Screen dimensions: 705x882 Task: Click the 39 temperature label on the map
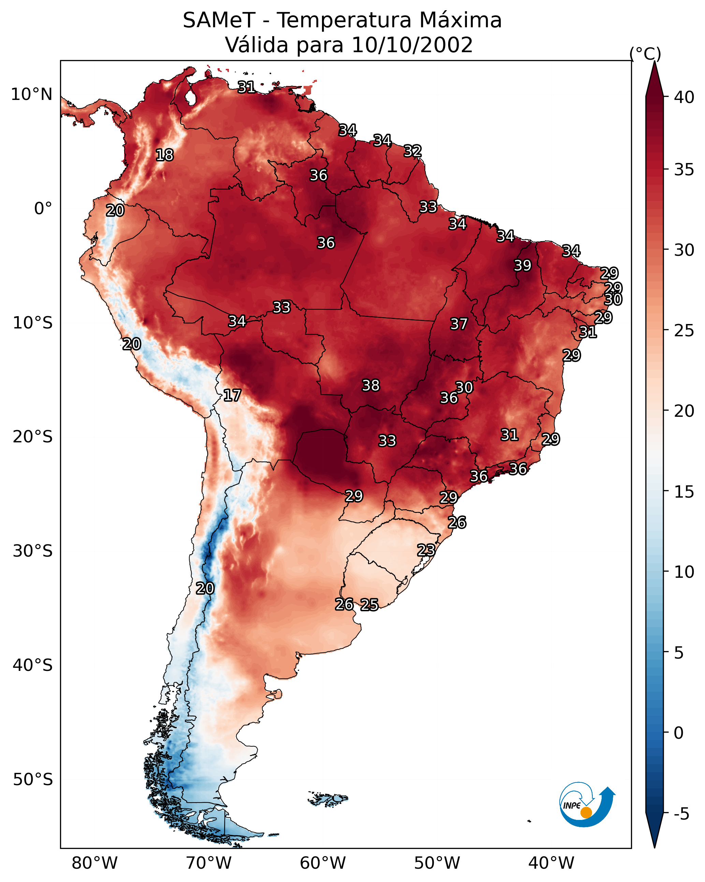(523, 265)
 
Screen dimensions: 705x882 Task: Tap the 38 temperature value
(371, 385)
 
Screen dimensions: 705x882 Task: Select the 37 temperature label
(459, 324)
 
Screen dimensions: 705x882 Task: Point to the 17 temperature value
(232, 395)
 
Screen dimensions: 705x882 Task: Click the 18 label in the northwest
(164, 155)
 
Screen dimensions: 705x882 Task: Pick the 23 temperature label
(426, 550)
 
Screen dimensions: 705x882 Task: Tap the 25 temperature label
(369, 605)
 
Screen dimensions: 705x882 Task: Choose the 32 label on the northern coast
(412, 151)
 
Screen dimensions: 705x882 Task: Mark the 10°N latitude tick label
(31, 94)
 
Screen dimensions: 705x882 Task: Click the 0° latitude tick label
(43, 209)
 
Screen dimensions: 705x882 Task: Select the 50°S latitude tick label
(33, 780)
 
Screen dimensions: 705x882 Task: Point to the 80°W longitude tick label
(94, 863)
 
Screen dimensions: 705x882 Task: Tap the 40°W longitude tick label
(551, 863)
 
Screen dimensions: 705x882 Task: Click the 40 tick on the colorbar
(684, 97)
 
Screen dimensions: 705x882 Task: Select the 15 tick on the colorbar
(684, 492)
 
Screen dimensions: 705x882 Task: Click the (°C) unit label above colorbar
(645, 54)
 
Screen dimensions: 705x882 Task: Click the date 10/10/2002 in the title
(412, 45)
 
